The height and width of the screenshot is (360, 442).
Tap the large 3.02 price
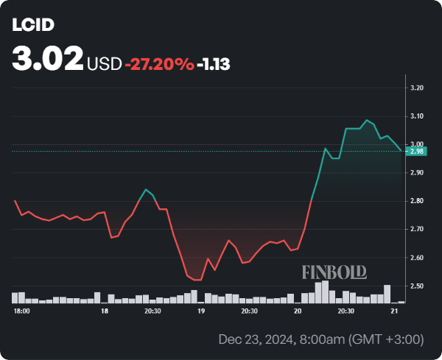[x=47, y=59]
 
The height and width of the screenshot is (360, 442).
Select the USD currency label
[x=104, y=64]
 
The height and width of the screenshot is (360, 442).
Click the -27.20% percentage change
[x=159, y=64]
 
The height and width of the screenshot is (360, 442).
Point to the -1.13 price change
[x=214, y=64]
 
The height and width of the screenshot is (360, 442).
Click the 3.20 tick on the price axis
[x=417, y=88]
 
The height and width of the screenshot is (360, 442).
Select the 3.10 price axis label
[x=417, y=116]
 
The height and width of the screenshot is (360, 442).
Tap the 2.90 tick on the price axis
[x=417, y=173]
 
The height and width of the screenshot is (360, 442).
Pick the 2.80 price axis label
[x=417, y=201]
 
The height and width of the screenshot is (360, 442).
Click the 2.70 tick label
[x=417, y=230]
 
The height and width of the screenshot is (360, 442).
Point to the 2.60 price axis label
[x=417, y=258]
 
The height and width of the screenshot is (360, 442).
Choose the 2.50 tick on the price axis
[x=417, y=286]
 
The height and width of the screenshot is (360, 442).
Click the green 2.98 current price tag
[x=417, y=152]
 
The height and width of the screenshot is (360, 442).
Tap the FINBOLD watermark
[x=334, y=272]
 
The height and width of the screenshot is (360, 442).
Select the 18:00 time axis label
[x=21, y=311]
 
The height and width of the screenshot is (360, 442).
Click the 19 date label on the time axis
[x=200, y=311]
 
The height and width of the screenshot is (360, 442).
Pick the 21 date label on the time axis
[x=393, y=311]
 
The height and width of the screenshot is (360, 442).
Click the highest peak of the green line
[x=366, y=120]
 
